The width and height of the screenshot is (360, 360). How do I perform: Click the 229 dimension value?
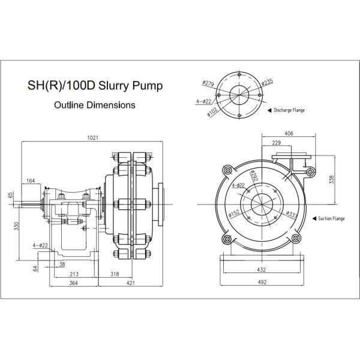click(x=276, y=142)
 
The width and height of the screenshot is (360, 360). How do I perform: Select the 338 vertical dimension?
click(x=332, y=178)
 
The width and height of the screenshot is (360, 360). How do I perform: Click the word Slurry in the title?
click(x=112, y=86)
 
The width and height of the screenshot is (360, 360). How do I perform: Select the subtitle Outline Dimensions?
click(x=94, y=104)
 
